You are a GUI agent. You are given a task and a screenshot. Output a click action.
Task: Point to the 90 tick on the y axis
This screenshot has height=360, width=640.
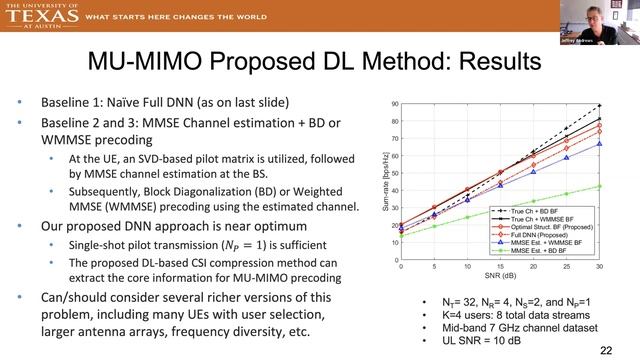pos(395,104)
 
